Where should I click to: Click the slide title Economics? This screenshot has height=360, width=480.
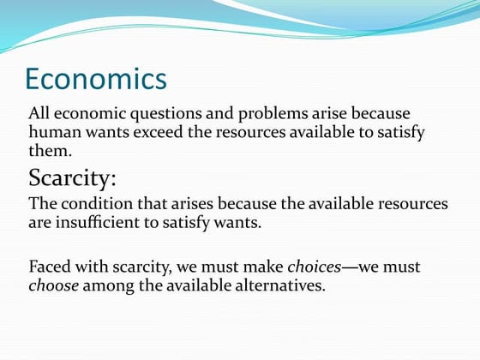pos(96,79)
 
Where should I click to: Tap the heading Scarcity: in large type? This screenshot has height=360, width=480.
pos(73,179)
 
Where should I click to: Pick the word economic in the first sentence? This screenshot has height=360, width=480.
pos(88,114)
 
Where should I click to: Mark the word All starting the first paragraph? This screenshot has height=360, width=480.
pos(39,114)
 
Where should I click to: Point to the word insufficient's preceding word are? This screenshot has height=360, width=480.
pos(40,224)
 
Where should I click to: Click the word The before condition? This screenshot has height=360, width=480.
pos(44,206)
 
